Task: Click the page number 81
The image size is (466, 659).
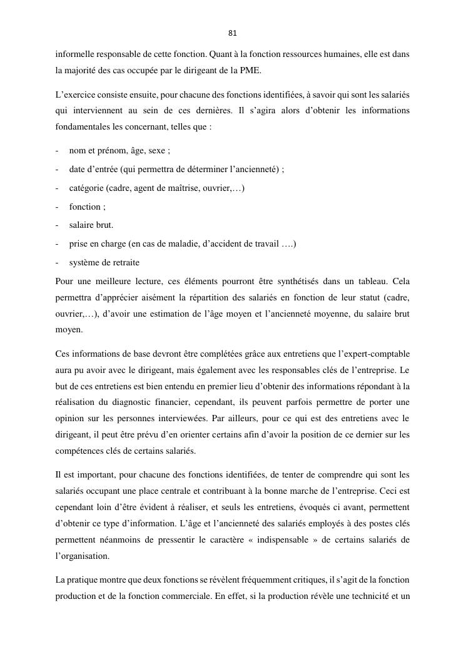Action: [233, 33]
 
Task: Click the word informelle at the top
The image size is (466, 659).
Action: [74, 54]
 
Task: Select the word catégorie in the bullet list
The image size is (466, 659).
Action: [86, 188]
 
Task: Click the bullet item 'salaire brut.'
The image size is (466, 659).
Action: [91, 225]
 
